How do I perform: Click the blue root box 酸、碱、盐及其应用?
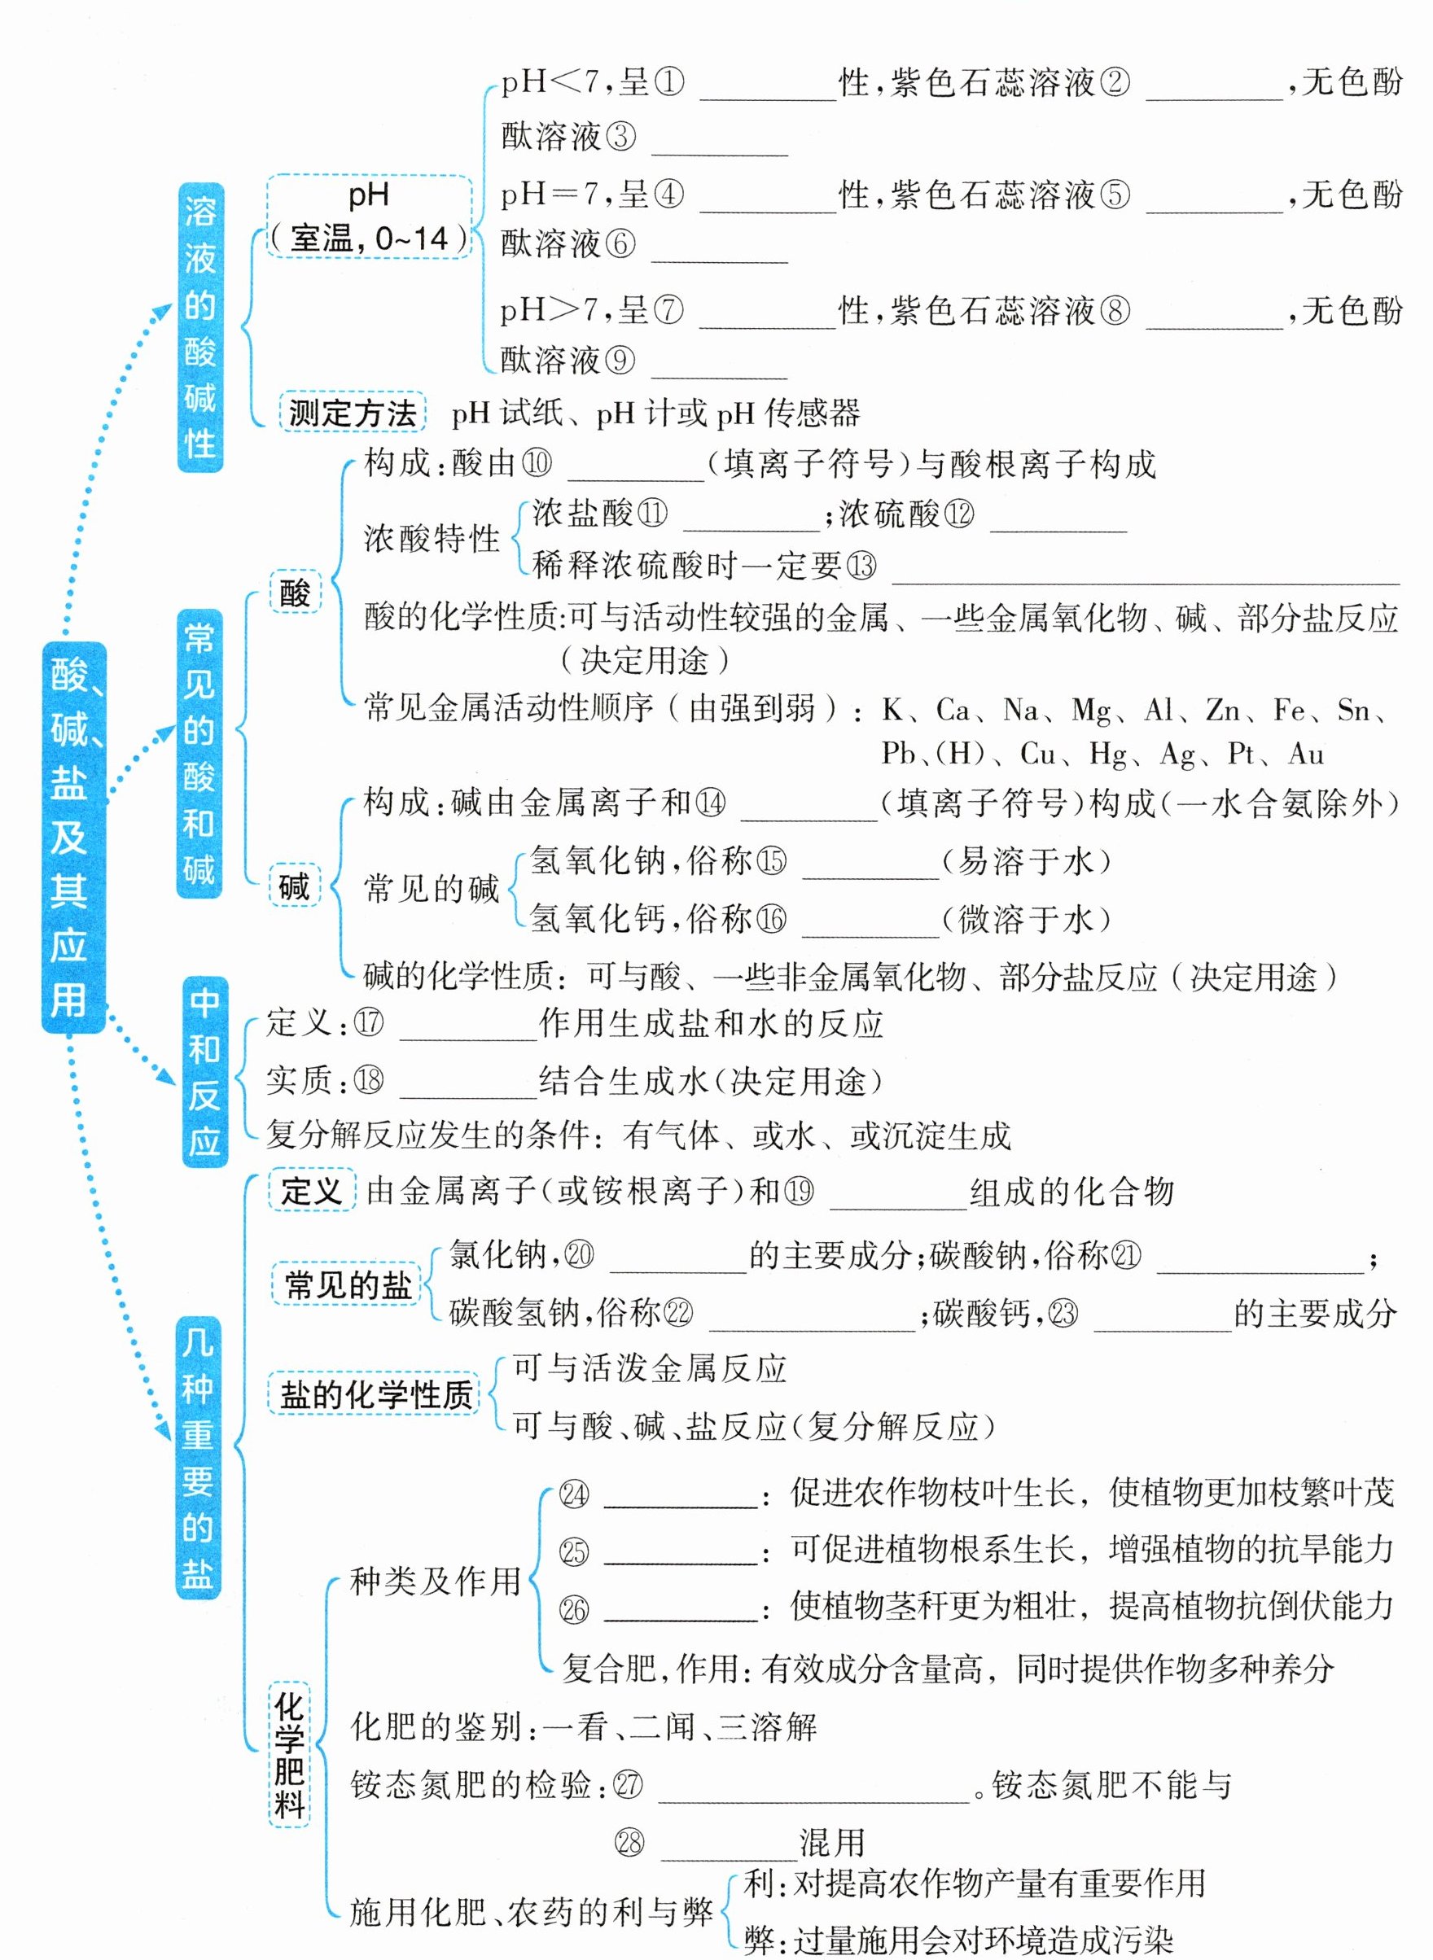point(72,838)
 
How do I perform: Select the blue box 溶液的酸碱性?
point(199,327)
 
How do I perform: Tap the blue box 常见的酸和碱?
point(199,753)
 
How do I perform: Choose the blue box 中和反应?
point(204,1072)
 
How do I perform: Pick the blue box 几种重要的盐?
point(198,1457)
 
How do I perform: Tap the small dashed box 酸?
point(295,593)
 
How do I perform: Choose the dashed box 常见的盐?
point(347,1284)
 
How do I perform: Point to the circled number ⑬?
point(861,567)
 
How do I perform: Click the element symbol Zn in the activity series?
point(1222,711)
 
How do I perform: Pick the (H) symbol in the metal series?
point(959,753)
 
